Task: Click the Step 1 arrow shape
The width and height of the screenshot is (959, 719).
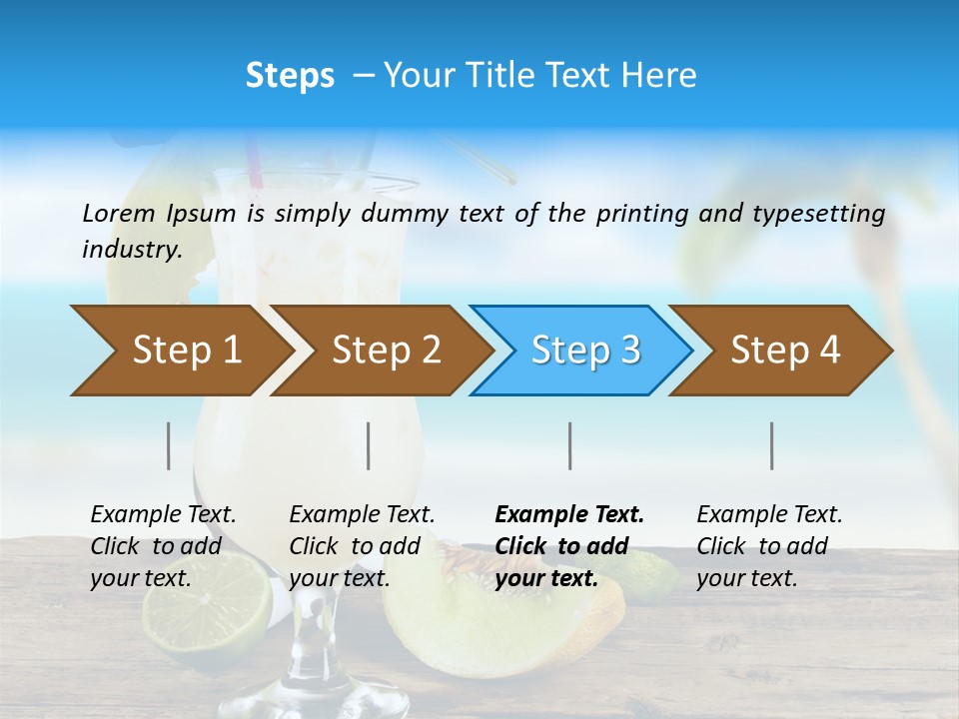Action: click(180, 351)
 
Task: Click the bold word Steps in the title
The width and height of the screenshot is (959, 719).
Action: click(290, 76)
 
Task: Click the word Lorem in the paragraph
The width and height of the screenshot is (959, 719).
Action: click(117, 214)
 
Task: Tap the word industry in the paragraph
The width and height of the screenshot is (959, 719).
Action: click(132, 249)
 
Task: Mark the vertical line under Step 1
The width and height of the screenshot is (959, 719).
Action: click(169, 445)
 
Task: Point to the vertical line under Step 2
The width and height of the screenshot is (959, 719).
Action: click(369, 445)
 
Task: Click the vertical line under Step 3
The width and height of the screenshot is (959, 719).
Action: click(570, 445)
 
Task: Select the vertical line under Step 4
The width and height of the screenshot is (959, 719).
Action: click(772, 445)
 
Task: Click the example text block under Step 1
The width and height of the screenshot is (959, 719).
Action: click(162, 546)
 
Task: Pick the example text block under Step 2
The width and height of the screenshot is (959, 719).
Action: click(361, 546)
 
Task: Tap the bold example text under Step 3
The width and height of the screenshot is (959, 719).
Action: click(568, 546)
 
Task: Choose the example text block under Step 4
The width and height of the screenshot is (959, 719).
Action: click(768, 546)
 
